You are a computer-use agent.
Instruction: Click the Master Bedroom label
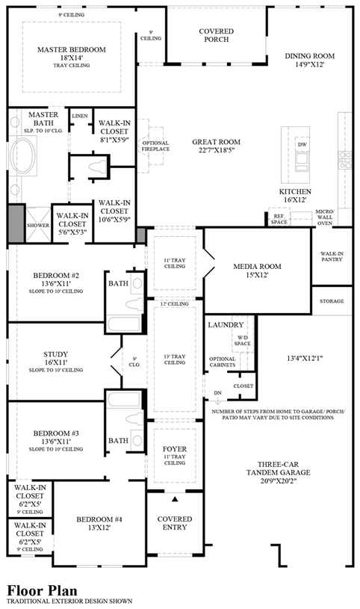point(71,49)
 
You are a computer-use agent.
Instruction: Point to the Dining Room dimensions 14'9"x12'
point(309,65)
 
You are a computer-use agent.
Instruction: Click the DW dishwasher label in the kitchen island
point(302,143)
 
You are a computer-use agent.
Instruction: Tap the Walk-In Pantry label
point(332,258)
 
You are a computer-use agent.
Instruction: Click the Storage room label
point(332,301)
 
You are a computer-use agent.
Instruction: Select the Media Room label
point(256,266)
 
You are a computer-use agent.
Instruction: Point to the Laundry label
point(226,325)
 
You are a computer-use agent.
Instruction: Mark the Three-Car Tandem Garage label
point(280,467)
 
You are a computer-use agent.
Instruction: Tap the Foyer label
point(174,449)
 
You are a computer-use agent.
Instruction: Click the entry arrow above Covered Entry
point(175,498)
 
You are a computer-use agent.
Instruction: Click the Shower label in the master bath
point(37,223)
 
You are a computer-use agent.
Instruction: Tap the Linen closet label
point(79,117)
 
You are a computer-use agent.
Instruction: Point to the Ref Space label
point(279,218)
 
